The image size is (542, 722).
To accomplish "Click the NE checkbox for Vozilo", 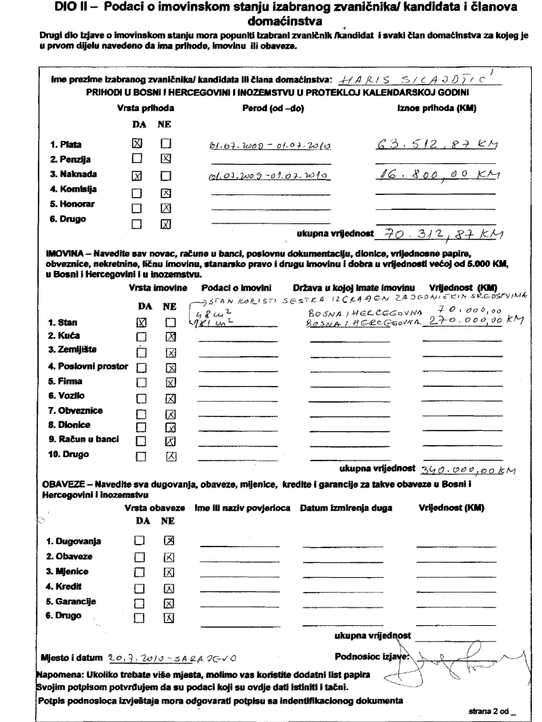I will [171, 398].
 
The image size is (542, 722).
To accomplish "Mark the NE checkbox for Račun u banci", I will [171, 440].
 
